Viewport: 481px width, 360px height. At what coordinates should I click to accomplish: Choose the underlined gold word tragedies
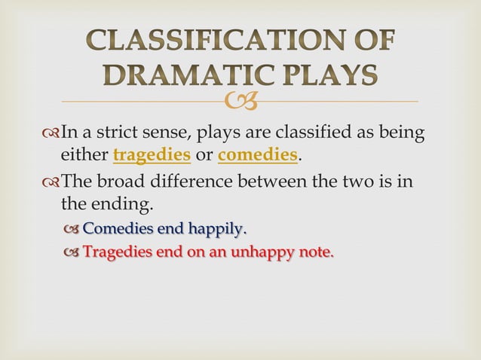[152, 156]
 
